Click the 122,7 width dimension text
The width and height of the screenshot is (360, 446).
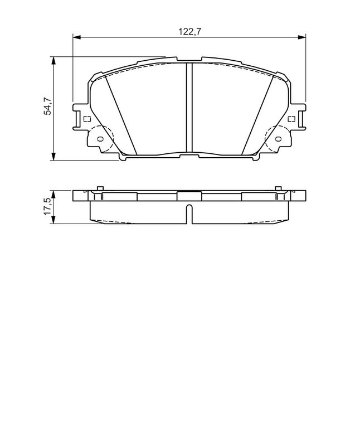tap(189, 31)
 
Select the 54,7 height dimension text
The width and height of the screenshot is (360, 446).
tap(47, 106)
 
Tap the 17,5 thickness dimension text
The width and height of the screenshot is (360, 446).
tap(47, 206)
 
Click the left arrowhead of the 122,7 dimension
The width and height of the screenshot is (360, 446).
tap(77, 37)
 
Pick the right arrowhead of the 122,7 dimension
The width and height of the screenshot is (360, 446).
tap(301, 37)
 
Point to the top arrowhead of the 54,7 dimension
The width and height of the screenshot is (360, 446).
tap(53, 61)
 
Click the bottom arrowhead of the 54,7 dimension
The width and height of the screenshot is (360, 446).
tap(53, 157)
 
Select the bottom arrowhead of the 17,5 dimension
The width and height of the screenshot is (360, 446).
tap(53, 220)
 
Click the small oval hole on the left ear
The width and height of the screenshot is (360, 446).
tap(100, 139)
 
